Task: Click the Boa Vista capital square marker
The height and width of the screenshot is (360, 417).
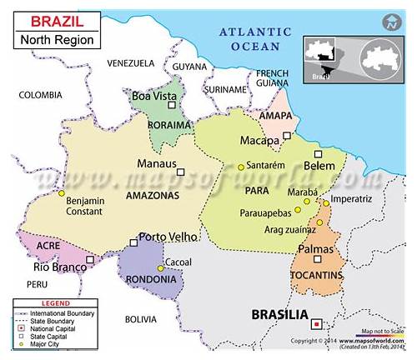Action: point(172,106)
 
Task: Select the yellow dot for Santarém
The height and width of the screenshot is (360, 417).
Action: point(241,167)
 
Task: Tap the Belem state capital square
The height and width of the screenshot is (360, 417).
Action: point(317,154)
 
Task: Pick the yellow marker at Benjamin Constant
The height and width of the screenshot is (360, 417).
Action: point(61,193)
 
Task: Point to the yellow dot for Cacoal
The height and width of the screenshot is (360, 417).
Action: point(161,268)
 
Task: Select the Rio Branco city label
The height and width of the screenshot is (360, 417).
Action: point(59,267)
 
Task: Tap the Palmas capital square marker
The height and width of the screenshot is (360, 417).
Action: point(315,234)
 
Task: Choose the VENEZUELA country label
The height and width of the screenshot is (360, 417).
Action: point(131,63)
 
